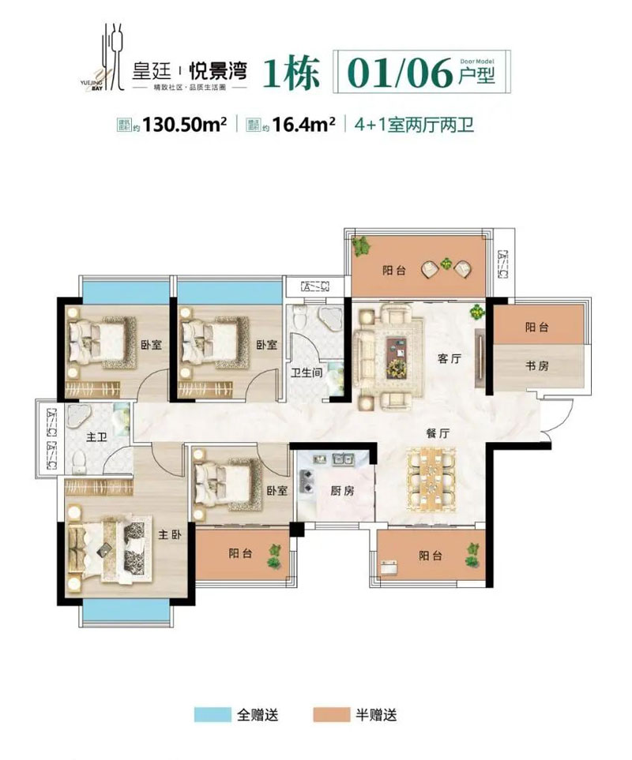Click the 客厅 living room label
450,358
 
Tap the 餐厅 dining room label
427,433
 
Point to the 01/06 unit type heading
397,73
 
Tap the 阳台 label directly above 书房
537,327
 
